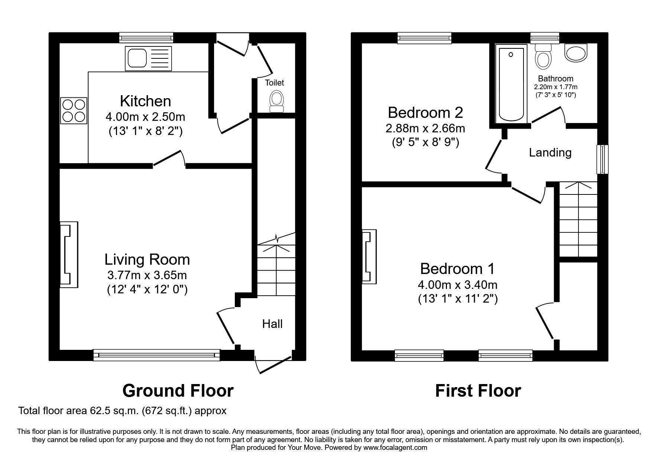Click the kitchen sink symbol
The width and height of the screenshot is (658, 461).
tap(149, 58)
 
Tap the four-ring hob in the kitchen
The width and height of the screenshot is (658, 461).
tap(74, 110)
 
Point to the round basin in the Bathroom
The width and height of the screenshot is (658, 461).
tap(576, 52)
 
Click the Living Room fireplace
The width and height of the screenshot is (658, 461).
tap(69, 255)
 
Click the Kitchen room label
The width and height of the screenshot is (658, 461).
tap(145, 101)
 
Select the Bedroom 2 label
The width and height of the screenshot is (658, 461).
tap(425, 112)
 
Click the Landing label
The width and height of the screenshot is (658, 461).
tap(550, 152)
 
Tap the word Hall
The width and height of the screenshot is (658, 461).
tap(272, 324)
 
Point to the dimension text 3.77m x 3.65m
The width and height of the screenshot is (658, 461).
tap(147, 275)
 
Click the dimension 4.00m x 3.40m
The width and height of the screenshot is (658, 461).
tap(457, 285)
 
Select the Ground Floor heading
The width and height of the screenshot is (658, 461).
tap(178, 391)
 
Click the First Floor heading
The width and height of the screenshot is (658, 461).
tap(478, 391)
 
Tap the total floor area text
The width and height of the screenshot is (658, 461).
tap(122, 411)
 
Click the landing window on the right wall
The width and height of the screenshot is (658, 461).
tap(602, 159)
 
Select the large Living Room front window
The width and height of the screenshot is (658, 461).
tap(156, 355)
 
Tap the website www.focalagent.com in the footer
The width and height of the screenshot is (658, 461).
tap(395, 448)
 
